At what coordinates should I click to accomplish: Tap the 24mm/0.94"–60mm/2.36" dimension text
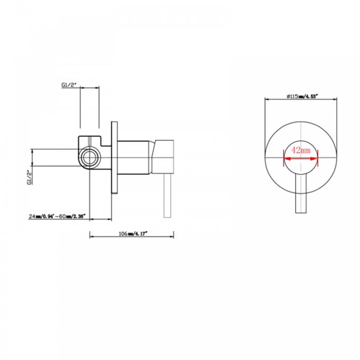(57, 215)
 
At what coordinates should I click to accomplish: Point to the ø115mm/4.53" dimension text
(301, 96)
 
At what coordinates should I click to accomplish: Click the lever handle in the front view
(301, 193)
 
